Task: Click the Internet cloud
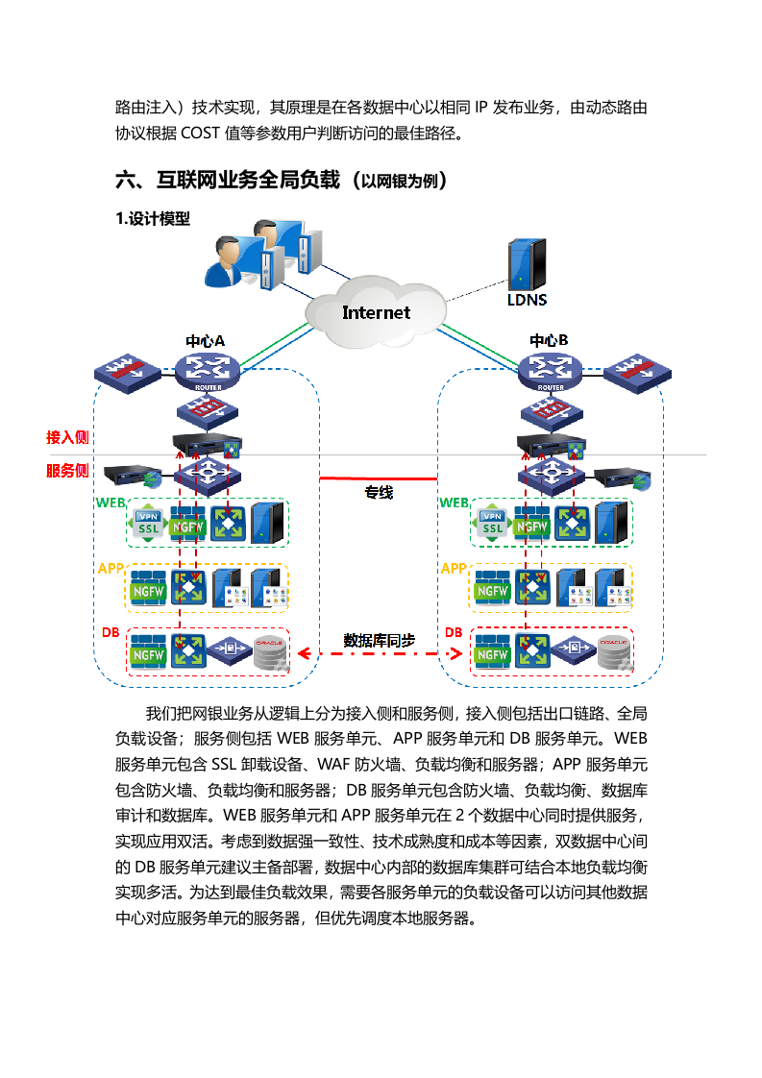(x=376, y=312)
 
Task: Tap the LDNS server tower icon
(x=527, y=262)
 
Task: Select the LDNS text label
(x=527, y=300)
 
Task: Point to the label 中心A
(x=205, y=341)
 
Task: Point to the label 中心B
(x=549, y=341)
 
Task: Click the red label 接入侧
(x=67, y=437)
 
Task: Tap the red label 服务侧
(x=67, y=471)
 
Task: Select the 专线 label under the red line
(x=378, y=493)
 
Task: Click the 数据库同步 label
(x=380, y=640)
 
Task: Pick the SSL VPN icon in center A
(x=148, y=523)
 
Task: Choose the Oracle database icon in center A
(x=270, y=652)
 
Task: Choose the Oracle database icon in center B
(x=614, y=652)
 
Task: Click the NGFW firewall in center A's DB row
(x=149, y=652)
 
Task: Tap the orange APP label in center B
(x=453, y=569)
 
